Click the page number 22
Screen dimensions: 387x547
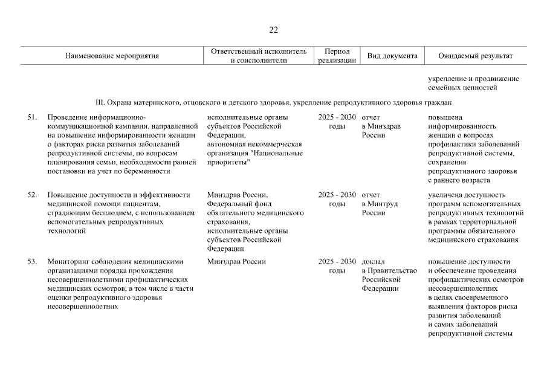click(273, 30)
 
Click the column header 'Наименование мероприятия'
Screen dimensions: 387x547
click(112, 56)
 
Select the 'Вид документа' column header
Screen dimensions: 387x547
click(392, 56)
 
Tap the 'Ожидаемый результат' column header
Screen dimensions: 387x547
click(476, 56)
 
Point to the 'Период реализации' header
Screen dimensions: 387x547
click(337, 56)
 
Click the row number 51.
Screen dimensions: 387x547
click(33, 117)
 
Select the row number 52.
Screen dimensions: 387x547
click(33, 195)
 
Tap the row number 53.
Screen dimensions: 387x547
click(33, 262)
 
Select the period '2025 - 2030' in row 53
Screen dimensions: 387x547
click(337, 262)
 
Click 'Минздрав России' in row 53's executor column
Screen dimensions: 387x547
click(236, 262)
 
